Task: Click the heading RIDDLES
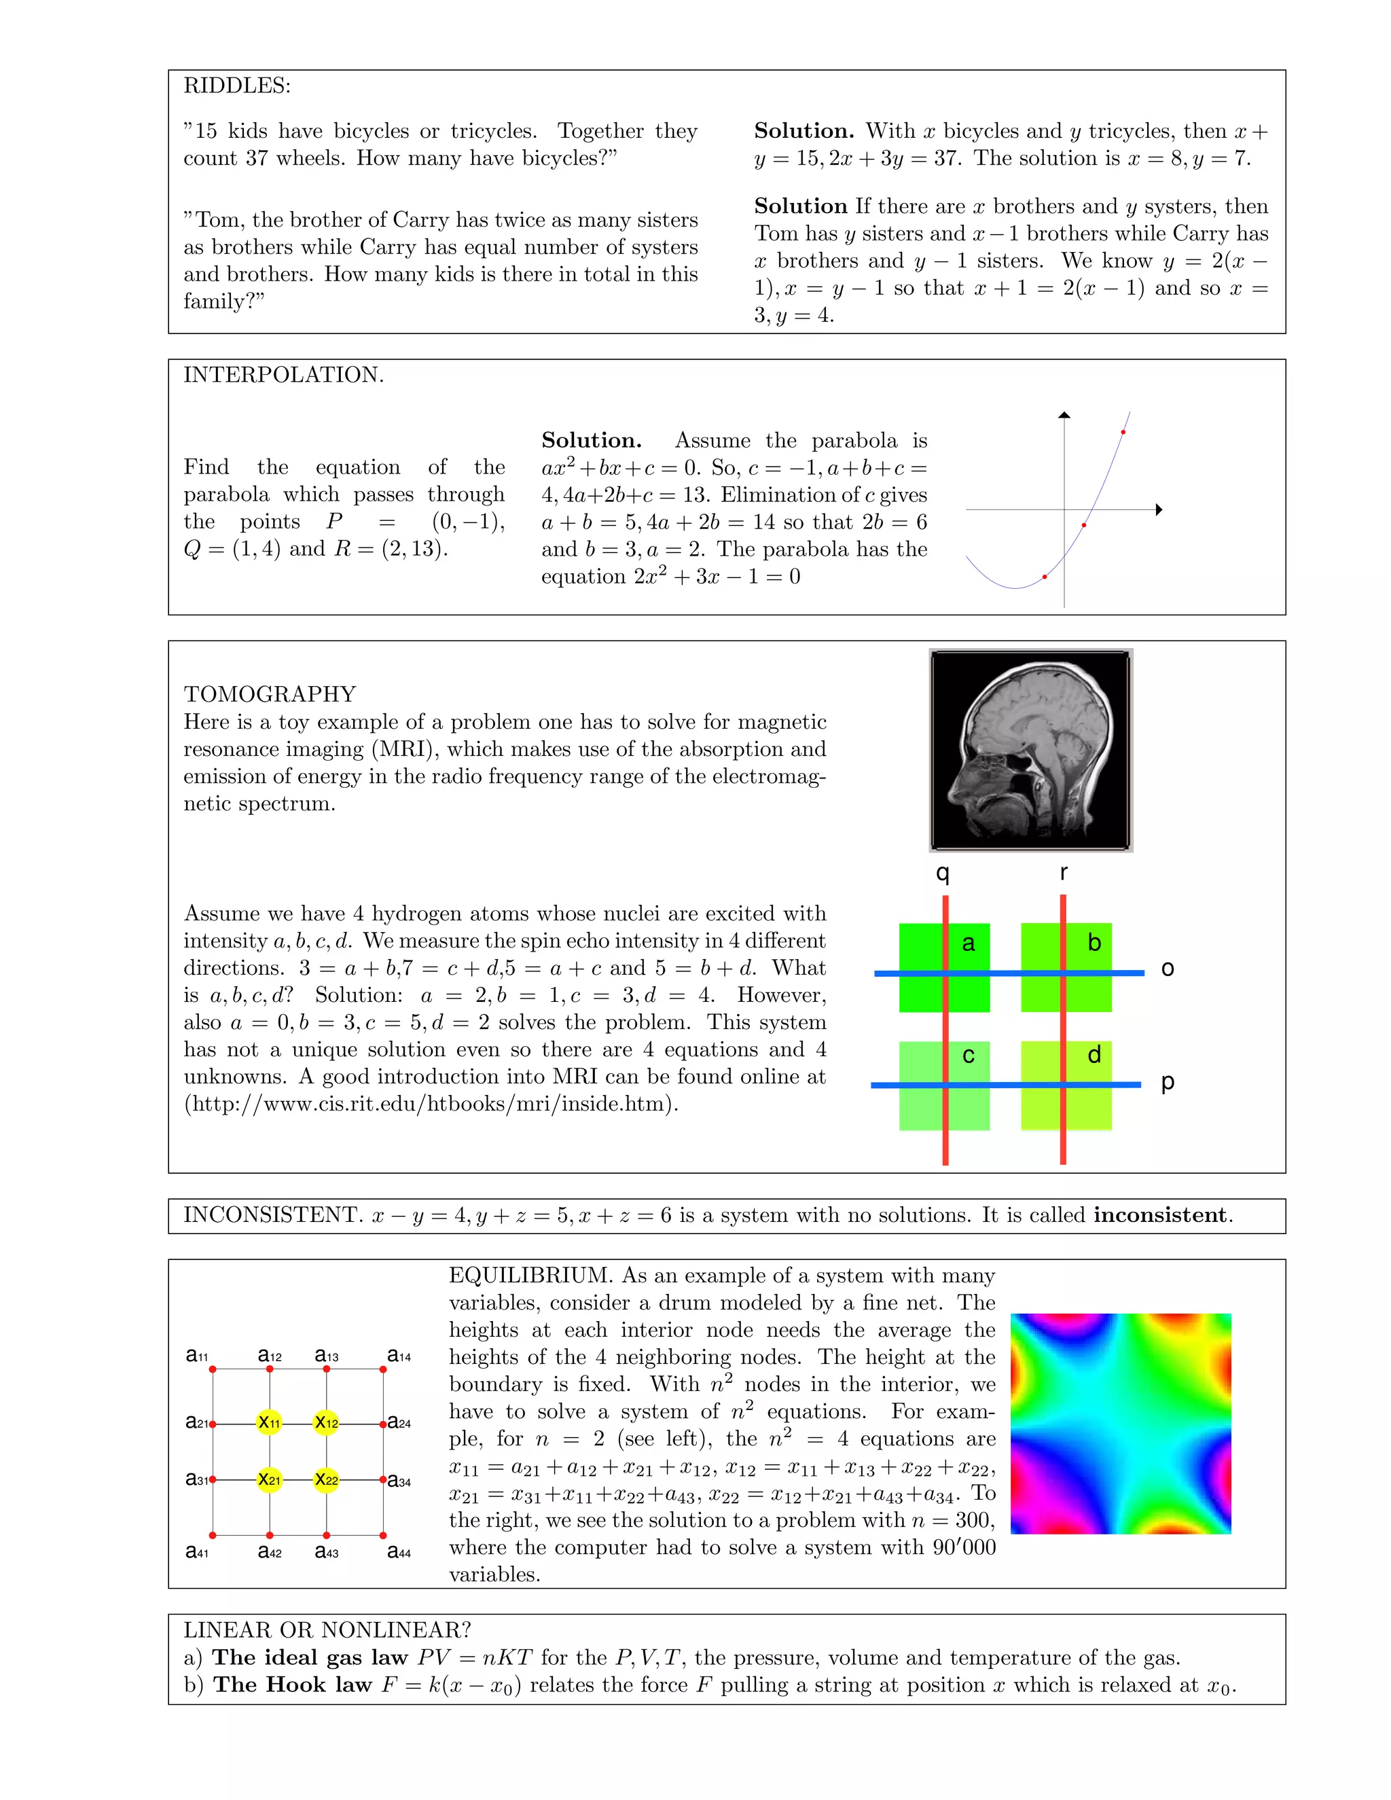point(236,86)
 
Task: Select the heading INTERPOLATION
point(283,375)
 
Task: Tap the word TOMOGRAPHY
point(270,694)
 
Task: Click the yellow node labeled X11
point(270,1423)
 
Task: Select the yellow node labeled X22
point(326,1480)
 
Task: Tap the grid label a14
point(399,1356)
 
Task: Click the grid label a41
point(197,1552)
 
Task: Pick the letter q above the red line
point(943,873)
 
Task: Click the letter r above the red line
point(1064,873)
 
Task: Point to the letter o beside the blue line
point(1167,969)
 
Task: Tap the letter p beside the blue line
point(1167,1082)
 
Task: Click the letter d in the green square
point(1094,1055)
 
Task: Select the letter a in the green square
point(969,943)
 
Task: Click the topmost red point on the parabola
point(1123,432)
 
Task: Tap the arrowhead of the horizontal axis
point(1159,509)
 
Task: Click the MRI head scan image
point(1030,750)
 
